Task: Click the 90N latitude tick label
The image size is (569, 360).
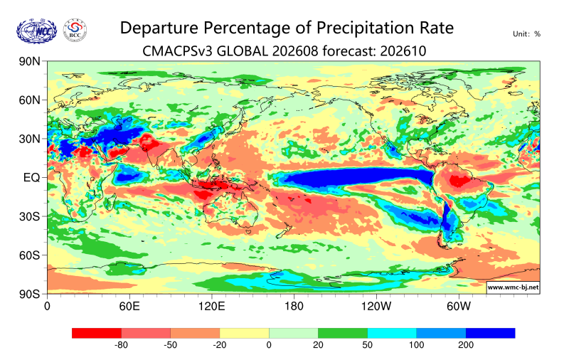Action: pos(29,61)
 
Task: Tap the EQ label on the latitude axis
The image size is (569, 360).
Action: pos(31,178)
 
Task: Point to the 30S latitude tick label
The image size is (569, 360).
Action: pos(29,216)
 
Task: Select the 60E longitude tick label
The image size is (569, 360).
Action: pos(129,307)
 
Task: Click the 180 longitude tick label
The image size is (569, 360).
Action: pos(294,307)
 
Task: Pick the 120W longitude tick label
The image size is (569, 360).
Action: pos(376,307)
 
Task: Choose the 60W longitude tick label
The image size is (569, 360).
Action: pos(458,307)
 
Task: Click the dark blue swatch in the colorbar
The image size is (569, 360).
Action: pos(490,333)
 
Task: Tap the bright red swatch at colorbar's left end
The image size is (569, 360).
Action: pos(97,333)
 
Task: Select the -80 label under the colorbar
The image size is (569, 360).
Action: pos(121,345)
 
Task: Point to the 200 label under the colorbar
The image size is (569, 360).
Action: pos(466,345)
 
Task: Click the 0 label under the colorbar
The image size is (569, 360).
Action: pos(269,345)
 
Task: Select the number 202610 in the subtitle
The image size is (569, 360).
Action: pos(403,51)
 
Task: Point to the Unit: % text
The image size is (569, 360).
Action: pos(526,34)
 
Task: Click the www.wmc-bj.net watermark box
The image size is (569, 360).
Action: pos(513,287)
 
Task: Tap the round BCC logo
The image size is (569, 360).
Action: pos(75,31)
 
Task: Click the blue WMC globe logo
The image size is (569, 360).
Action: pos(37,31)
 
